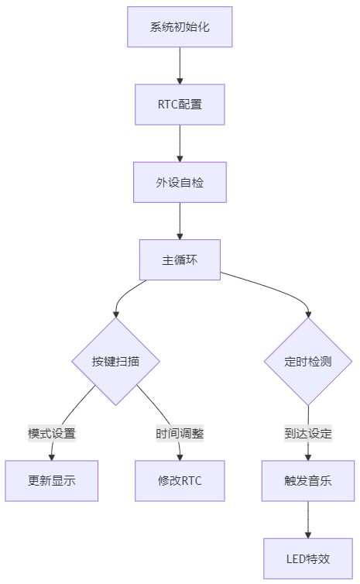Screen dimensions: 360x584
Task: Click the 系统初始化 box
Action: pyautogui.click(x=180, y=27)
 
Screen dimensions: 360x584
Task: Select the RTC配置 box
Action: pyautogui.click(x=180, y=105)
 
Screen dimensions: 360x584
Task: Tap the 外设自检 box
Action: pyautogui.click(x=180, y=183)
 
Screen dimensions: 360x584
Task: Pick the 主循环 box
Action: pyautogui.click(x=180, y=260)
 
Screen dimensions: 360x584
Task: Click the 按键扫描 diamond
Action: pyautogui.click(x=116, y=361)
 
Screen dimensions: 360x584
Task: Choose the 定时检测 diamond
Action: pyautogui.click(x=308, y=361)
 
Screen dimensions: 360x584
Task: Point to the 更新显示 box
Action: pyautogui.click(x=51, y=481)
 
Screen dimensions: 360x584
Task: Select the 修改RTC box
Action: pyautogui.click(x=180, y=481)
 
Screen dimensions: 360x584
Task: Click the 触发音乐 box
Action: pyautogui.click(x=308, y=481)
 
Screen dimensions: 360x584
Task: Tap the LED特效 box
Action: pyautogui.click(x=308, y=558)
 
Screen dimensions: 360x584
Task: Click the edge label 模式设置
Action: pyautogui.click(x=52, y=434)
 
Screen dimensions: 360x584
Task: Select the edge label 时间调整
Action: pyautogui.click(x=180, y=434)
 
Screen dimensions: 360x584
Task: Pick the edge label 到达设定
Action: pyautogui.click(x=308, y=434)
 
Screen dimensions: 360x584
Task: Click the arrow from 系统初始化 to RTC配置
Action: pyautogui.click(x=180, y=66)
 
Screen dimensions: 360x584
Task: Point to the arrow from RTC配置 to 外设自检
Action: pyautogui.click(x=180, y=143)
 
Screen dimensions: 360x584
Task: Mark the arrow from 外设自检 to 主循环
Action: pyautogui.click(x=180, y=222)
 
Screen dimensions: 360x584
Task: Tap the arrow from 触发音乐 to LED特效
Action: pyautogui.click(x=308, y=520)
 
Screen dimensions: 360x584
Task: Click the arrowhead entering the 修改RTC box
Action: pyautogui.click(x=180, y=458)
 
